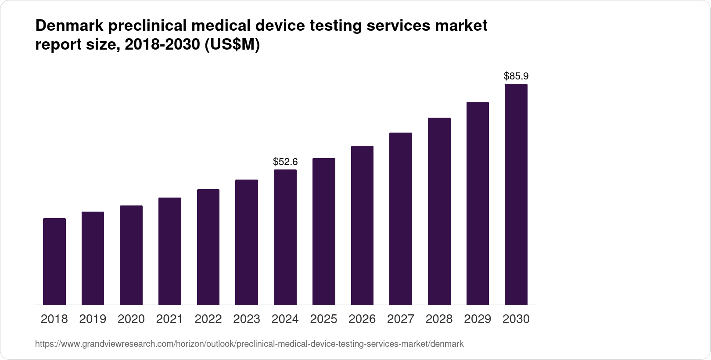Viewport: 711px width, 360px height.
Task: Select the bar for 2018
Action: [x=54, y=261]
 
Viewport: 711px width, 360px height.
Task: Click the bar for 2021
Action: [x=170, y=251]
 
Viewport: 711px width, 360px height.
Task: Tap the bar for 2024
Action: [x=285, y=237]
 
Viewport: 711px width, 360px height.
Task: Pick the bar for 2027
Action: [x=401, y=219]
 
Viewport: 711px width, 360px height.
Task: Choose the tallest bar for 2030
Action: [x=516, y=194]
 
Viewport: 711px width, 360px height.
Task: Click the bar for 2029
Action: [x=478, y=203]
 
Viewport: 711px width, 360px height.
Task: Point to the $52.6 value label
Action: [x=285, y=162]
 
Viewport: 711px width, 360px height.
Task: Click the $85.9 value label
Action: [x=516, y=76]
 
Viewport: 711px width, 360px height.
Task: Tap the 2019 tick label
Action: [x=93, y=319]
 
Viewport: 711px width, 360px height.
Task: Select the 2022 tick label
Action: [x=208, y=319]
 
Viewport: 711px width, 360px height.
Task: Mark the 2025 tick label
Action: [x=323, y=319]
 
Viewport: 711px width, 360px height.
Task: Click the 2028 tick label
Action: [x=439, y=319]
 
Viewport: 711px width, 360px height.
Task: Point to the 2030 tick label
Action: [x=516, y=319]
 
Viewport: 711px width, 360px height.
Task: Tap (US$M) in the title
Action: [x=233, y=45]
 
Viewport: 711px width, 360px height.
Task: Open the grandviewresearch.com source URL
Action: [x=249, y=344]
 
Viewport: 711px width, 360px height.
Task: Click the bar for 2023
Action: [x=247, y=242]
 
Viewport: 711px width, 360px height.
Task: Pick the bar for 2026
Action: [x=362, y=225]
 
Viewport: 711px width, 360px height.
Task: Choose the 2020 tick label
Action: [x=131, y=319]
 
